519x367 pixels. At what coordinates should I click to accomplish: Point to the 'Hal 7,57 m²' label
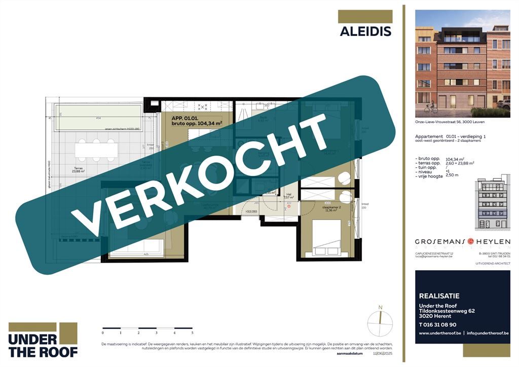tap(288, 196)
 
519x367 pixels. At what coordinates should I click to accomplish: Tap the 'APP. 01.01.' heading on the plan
tap(182, 117)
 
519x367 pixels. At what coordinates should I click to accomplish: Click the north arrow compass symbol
tap(380, 318)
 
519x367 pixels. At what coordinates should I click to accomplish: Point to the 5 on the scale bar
tap(192, 333)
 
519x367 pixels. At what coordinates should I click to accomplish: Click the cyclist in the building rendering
tap(431, 107)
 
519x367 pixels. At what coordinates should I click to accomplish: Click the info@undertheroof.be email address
tap(488, 333)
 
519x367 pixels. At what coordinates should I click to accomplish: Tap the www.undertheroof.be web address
tap(440, 333)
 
